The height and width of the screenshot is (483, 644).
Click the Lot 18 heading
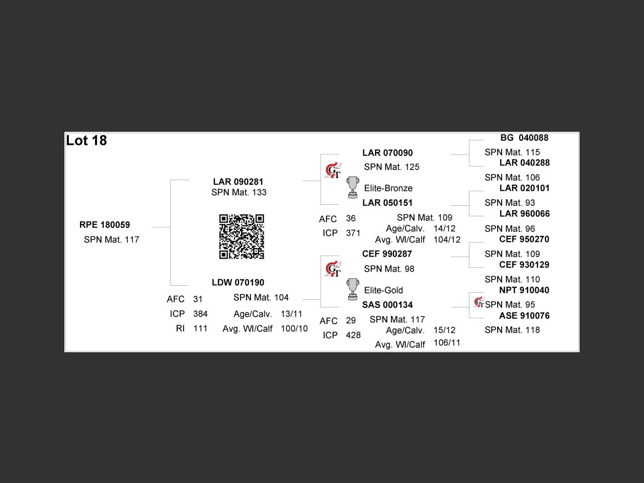(87, 140)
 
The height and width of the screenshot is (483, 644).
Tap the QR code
(242, 236)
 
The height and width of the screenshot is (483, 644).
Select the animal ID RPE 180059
(105, 225)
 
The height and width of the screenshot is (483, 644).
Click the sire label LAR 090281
(238, 182)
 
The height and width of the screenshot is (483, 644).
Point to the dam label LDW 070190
(238, 283)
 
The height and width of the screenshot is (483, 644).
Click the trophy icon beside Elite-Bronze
(353, 188)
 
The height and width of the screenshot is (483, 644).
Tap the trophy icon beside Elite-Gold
(353, 290)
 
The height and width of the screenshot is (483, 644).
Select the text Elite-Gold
(383, 290)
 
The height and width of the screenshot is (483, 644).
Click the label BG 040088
(524, 138)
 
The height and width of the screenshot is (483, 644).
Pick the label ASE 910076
(524, 316)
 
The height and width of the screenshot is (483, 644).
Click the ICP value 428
(353, 335)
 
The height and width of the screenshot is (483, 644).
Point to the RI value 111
(200, 329)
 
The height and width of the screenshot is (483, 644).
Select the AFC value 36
(351, 218)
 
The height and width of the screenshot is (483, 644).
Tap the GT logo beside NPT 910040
(479, 303)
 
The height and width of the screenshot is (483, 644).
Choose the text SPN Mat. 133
(239, 193)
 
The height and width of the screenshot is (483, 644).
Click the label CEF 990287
(387, 254)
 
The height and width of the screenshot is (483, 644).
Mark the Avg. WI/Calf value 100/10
(294, 329)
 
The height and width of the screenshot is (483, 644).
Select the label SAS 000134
(387, 305)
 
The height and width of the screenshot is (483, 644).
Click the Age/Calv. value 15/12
(444, 330)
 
